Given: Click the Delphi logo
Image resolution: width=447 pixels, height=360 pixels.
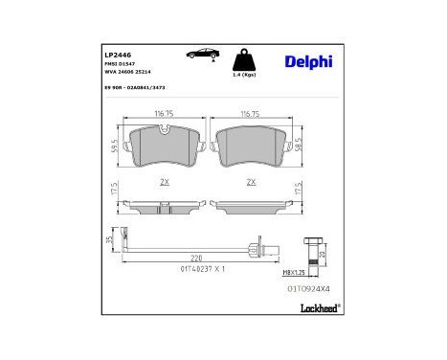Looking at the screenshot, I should (308, 62).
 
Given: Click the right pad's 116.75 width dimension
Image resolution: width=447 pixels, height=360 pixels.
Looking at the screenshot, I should (250, 114).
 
